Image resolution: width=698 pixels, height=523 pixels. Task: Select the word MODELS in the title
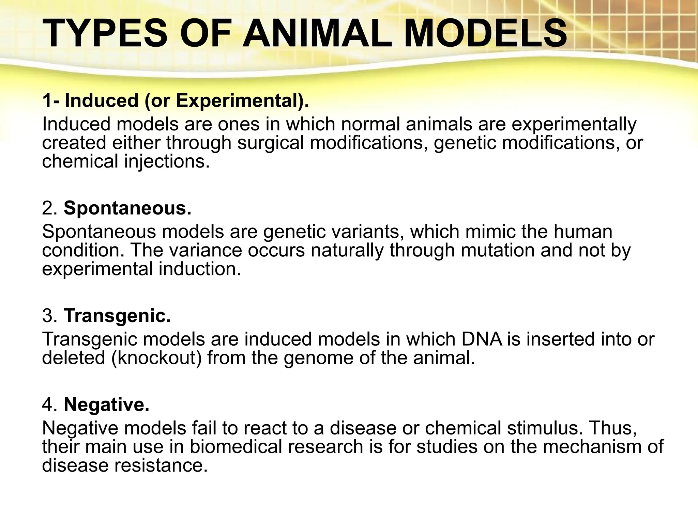(x=485, y=33)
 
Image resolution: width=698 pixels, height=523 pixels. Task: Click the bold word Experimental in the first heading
(x=238, y=101)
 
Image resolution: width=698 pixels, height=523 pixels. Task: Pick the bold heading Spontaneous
(x=127, y=208)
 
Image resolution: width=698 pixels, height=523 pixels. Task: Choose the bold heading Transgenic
(x=117, y=316)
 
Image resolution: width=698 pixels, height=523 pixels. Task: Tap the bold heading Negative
(x=106, y=405)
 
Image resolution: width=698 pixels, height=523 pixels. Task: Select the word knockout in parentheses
(x=156, y=358)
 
